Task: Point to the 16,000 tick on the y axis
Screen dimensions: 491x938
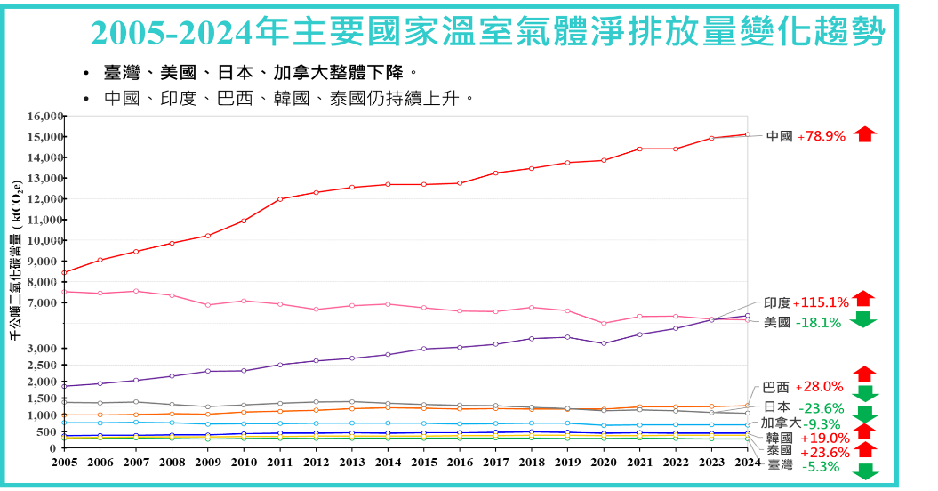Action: [x=45, y=116]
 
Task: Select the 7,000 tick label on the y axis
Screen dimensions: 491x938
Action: [x=48, y=303]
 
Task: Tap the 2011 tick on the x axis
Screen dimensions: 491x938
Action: [x=280, y=463]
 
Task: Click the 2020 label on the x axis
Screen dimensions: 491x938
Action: [x=604, y=463]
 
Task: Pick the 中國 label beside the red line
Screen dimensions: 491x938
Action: [x=779, y=136]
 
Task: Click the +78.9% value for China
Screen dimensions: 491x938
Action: [x=822, y=136]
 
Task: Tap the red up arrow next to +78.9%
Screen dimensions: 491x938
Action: [x=864, y=134]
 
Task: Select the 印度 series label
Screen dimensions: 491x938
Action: [x=776, y=302]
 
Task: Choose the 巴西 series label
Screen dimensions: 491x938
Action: [x=775, y=387]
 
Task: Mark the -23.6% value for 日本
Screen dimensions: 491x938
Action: [x=821, y=408]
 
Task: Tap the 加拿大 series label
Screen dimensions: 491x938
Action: [x=781, y=423]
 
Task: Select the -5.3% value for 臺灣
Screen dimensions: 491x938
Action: [x=820, y=466]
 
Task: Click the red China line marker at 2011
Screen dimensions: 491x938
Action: [x=280, y=199]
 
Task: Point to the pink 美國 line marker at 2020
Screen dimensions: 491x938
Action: [x=604, y=324]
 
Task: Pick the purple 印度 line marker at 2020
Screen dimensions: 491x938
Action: [x=604, y=343]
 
